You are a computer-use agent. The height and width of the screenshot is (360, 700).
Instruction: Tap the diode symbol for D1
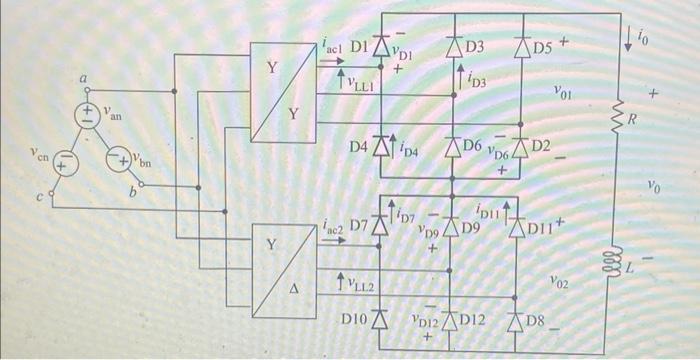coord(380,45)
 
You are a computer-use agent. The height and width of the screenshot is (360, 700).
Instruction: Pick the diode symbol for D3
coord(452,46)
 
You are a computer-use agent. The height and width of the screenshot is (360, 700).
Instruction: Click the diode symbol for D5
coord(521,46)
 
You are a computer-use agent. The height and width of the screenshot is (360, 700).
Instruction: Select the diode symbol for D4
coord(380,148)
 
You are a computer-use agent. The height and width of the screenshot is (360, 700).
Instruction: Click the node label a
coord(85,77)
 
